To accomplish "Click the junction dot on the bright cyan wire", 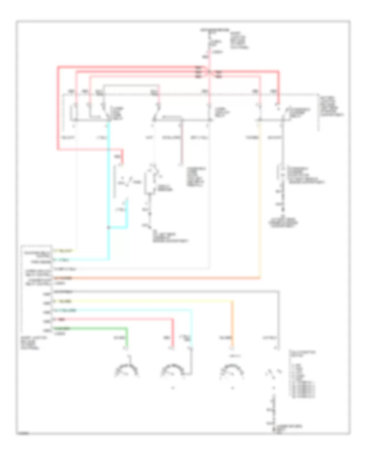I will point(109,227).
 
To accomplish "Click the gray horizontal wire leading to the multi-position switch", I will point(166,292).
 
